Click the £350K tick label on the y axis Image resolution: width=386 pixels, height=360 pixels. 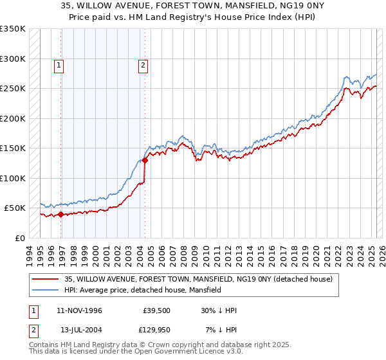(13, 29)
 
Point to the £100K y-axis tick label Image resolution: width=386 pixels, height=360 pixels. (13, 178)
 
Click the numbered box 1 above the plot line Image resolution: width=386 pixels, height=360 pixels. (59, 64)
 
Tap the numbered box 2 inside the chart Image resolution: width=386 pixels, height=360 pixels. (142, 64)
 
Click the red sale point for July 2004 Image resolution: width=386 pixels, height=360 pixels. (145, 161)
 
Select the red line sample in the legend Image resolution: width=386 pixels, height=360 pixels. (46, 279)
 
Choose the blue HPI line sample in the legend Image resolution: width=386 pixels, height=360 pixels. (46, 291)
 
